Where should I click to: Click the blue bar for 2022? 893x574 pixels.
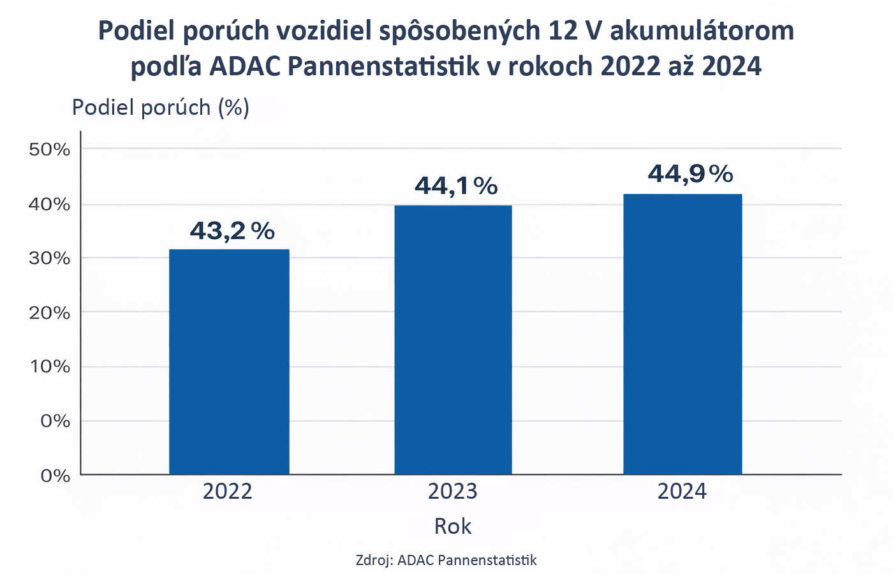click(x=229, y=362)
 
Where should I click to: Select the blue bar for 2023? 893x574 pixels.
click(x=453, y=340)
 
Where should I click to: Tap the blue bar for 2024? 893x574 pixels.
click(x=683, y=334)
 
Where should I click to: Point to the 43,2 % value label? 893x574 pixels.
click(x=232, y=231)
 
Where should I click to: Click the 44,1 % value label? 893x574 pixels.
click(x=456, y=186)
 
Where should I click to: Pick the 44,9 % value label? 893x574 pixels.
click(x=690, y=173)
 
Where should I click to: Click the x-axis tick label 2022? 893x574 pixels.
click(x=228, y=492)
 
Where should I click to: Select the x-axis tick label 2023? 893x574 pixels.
click(x=452, y=492)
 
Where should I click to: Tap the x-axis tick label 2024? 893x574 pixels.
click(x=683, y=492)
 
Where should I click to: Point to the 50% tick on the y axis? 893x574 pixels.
click(x=49, y=150)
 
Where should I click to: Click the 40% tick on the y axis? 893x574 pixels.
click(x=49, y=205)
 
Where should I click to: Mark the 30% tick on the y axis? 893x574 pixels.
click(x=49, y=258)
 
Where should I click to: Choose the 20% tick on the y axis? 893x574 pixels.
click(x=49, y=313)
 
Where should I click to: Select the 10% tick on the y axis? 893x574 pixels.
click(x=49, y=367)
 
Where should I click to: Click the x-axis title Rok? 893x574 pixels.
click(x=453, y=527)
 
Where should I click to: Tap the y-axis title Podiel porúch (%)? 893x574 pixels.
click(x=161, y=108)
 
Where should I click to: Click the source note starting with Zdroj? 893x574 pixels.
click(x=447, y=561)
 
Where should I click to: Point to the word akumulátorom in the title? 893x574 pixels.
click(x=702, y=31)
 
